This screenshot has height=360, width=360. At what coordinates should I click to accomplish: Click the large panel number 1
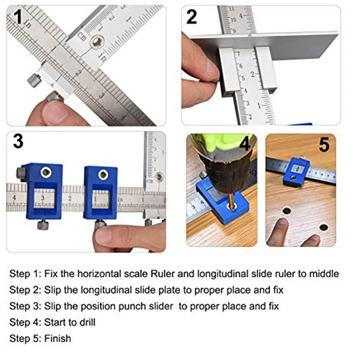coord(18,17)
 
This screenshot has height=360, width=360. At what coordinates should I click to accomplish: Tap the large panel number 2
coord(192,17)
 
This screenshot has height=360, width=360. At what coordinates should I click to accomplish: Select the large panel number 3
coord(18,141)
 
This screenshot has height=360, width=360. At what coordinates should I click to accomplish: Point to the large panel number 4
coord(245,144)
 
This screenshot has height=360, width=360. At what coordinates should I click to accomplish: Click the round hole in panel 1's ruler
coord(97,42)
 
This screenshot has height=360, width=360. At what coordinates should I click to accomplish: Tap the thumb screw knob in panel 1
coord(34,80)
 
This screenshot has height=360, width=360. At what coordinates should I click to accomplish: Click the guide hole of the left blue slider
coord(46,172)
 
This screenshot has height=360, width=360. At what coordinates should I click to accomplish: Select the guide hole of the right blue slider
coord(103,175)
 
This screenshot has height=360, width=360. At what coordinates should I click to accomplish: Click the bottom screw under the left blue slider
coord(43,225)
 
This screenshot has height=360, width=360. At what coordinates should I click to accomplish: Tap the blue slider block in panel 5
coord(296,171)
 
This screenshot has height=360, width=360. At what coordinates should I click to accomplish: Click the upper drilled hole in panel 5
coord(287,211)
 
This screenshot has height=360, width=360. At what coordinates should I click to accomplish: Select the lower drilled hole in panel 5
coord(324,228)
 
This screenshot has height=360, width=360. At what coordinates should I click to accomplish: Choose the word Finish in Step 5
coord(58,338)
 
